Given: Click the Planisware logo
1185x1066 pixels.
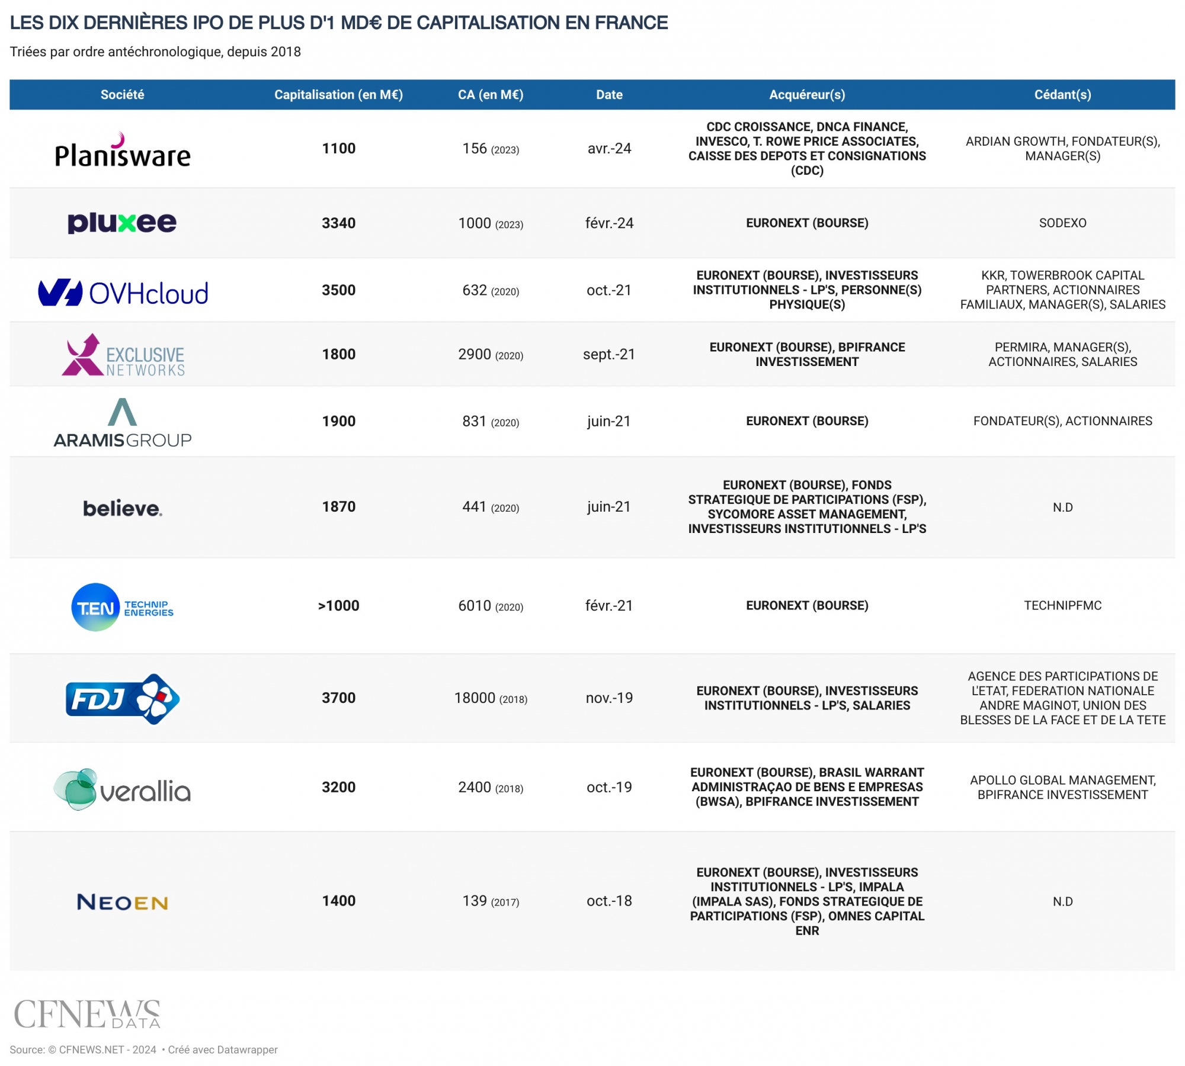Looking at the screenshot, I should tap(123, 151).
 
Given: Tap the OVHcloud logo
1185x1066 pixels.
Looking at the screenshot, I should tap(123, 293).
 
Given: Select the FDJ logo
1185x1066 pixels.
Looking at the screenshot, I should tap(123, 699).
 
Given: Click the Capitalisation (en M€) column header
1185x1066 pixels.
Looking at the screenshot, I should tap(338, 95).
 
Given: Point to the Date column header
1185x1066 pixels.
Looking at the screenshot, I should tap(609, 95).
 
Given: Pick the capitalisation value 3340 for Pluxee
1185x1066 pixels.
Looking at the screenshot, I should tap(338, 223).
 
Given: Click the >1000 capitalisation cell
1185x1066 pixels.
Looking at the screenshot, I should tap(338, 606).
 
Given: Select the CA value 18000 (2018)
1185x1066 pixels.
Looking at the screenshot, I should tap(491, 698).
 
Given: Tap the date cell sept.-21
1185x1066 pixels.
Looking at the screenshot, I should tap(609, 355).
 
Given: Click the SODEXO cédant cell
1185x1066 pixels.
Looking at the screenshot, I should tap(1062, 223).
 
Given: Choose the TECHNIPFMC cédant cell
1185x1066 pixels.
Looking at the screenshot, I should tap(1062, 606).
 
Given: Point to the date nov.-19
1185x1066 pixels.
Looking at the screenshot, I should tap(609, 698).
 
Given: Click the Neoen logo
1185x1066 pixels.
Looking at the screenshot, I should tap(123, 902).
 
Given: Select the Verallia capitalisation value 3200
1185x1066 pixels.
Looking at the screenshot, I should tap(338, 788).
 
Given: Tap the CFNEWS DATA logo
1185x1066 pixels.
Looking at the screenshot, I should tap(87, 1014).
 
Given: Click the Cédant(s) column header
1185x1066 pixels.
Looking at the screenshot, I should tap(1062, 95).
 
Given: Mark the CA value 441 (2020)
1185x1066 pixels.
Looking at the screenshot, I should tap(491, 508).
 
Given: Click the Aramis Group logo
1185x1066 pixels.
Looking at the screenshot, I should tap(123, 423).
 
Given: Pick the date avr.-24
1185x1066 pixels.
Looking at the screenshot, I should tap(609, 149).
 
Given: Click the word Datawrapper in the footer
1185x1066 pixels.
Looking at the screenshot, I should tap(247, 1050).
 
